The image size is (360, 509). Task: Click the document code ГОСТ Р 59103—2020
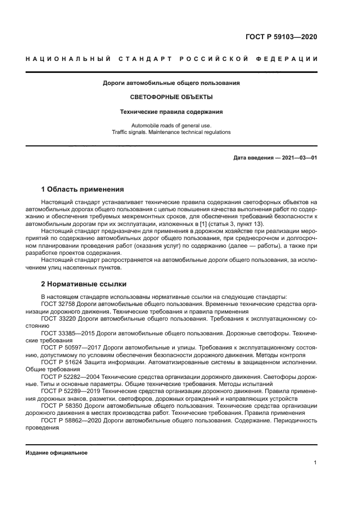[281, 37]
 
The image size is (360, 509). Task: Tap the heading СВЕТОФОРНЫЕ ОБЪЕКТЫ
[172, 97]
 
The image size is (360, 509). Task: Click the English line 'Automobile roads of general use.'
[172, 125]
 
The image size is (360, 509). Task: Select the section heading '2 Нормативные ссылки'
[83, 284]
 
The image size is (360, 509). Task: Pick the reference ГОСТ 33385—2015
[67, 332]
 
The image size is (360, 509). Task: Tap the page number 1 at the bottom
[315, 463]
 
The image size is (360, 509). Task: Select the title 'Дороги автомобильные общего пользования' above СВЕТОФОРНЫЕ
[172, 83]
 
